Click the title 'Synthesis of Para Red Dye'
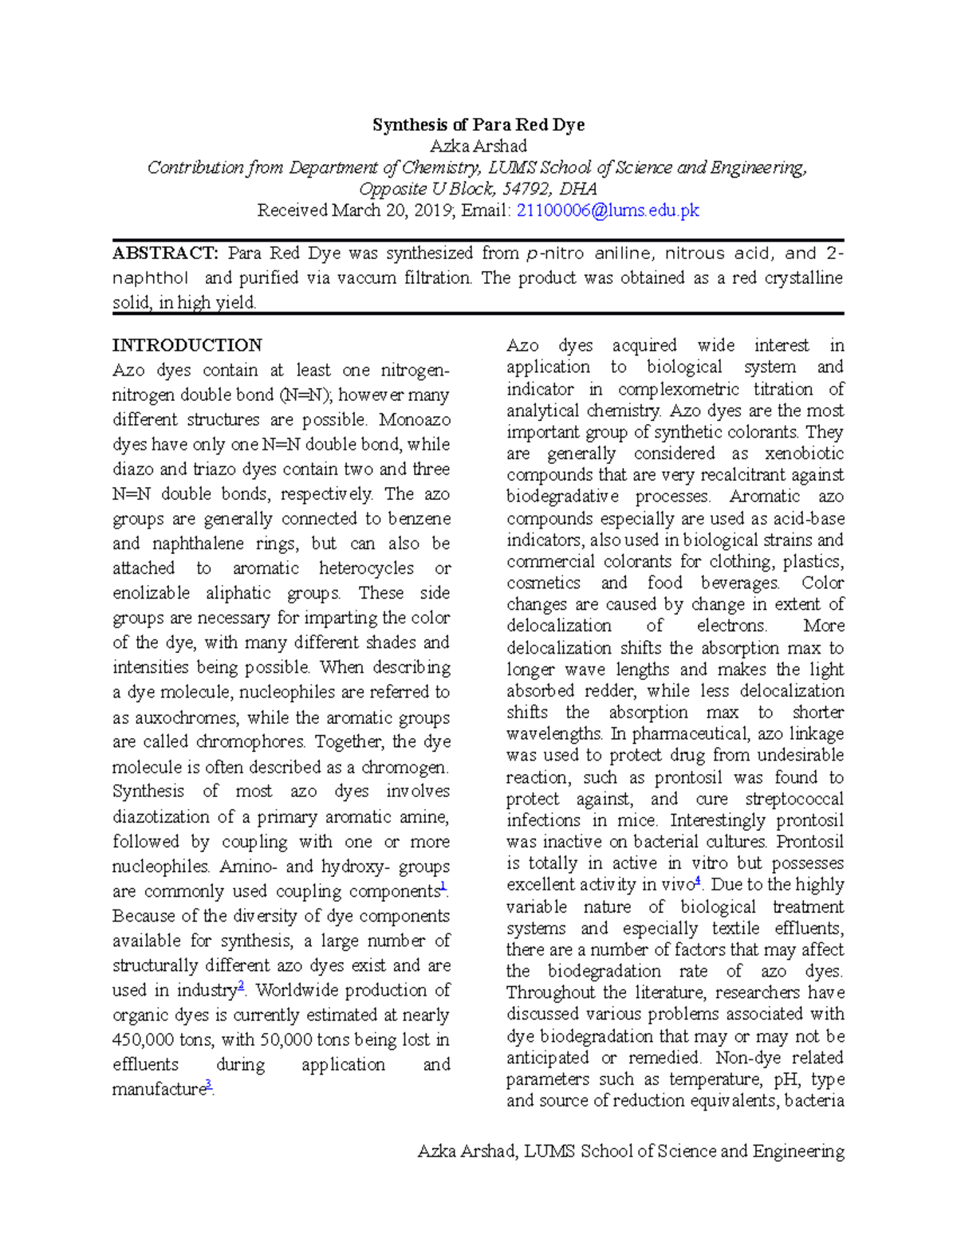[x=478, y=124]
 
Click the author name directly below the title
[x=478, y=146]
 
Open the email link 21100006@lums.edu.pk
[x=608, y=210]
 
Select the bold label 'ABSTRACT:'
[x=165, y=253]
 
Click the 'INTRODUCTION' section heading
[x=187, y=345]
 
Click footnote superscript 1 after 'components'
[x=443, y=886]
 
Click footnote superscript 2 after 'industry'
[x=242, y=986]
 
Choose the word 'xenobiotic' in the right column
[x=804, y=454]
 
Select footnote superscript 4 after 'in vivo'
[x=698, y=880]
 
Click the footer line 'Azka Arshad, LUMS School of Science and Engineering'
[x=631, y=1151]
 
